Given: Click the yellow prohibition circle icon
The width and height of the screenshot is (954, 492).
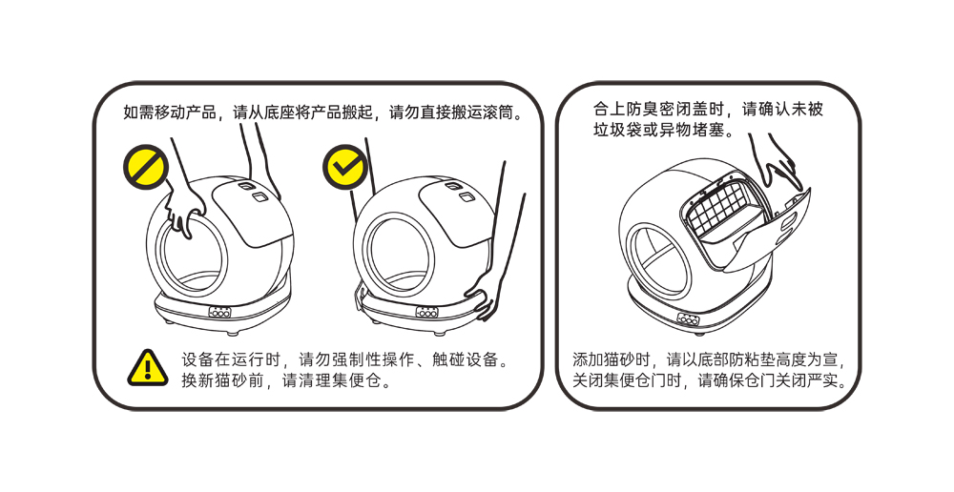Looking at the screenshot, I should (143, 166).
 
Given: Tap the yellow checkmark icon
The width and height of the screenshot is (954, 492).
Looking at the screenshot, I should (345, 166).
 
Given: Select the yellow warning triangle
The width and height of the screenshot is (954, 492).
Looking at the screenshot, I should (147, 366).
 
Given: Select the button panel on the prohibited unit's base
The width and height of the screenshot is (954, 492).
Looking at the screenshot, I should (220, 312).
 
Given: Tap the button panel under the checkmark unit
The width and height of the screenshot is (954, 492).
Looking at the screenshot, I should (426, 312).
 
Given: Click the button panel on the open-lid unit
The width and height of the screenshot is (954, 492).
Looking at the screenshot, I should (689, 318).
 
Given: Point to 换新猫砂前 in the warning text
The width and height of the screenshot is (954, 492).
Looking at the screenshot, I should (221, 380).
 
